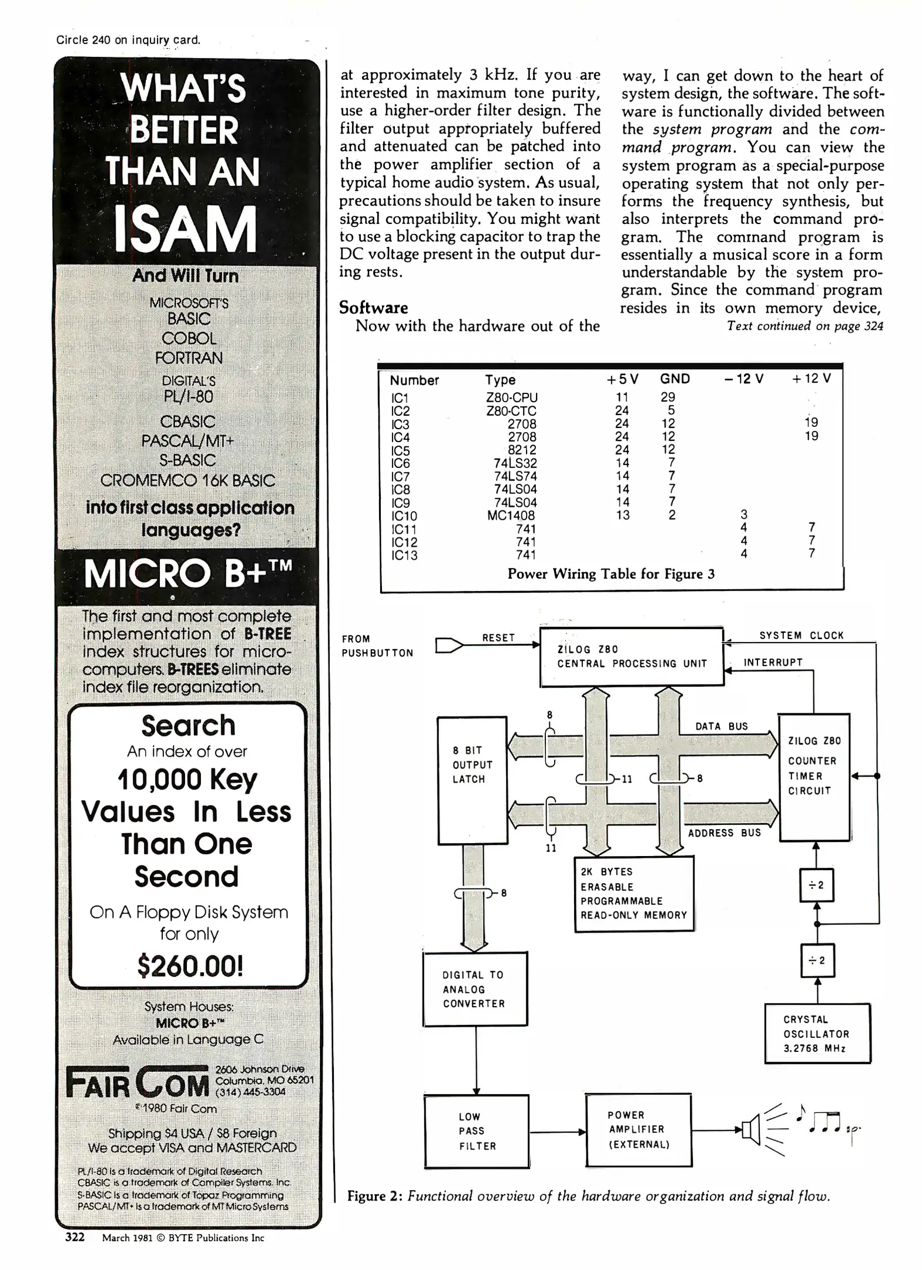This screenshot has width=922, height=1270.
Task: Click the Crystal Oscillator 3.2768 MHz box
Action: tap(816, 1034)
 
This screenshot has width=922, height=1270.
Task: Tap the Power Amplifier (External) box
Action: tap(638, 1129)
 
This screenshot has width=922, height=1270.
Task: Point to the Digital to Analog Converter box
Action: tap(474, 989)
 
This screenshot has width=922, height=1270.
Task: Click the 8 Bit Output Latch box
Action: tap(472, 780)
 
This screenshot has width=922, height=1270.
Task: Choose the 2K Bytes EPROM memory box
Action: tap(633, 893)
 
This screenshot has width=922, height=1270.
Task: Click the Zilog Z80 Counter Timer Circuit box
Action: tap(814, 777)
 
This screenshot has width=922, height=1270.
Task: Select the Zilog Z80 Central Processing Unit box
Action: tap(631, 656)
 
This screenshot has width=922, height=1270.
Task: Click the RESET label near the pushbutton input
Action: tap(498, 637)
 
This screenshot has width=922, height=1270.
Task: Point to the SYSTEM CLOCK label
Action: tap(801, 635)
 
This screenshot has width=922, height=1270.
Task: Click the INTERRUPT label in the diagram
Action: tap(773, 662)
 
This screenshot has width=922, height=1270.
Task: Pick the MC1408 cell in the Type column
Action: tap(511, 515)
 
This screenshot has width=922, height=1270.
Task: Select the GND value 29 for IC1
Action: tap(668, 397)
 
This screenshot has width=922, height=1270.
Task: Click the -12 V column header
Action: tap(743, 379)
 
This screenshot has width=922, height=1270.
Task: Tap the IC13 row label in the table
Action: tap(404, 554)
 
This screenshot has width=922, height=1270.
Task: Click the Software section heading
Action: tap(373, 308)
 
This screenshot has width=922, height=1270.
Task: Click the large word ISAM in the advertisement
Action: tap(186, 229)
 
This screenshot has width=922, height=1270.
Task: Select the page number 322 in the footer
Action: tap(75, 1237)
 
